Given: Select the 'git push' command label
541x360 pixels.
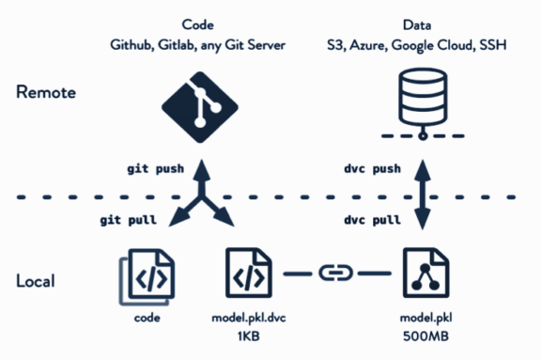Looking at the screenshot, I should pos(158,169).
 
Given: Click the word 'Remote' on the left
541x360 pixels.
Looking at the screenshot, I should pos(46,94).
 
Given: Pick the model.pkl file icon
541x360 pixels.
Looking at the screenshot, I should pos(425,274).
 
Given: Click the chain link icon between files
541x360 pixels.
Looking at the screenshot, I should pos(336,274).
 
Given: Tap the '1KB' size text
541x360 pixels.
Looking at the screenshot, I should pos(249,337).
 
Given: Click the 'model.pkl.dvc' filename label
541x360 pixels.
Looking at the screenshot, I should pos(249,319).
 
